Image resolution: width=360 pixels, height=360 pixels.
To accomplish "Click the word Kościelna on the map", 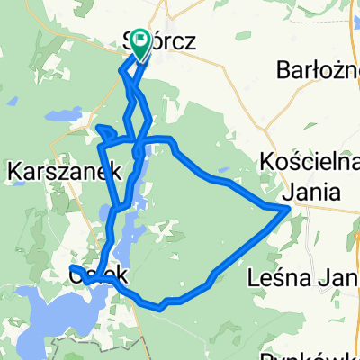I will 309,161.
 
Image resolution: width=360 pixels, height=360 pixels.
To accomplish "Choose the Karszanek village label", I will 51,168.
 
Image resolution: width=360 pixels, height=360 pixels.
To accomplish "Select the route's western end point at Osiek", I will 71,268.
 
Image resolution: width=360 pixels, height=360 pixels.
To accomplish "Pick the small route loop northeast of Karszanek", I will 104,134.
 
